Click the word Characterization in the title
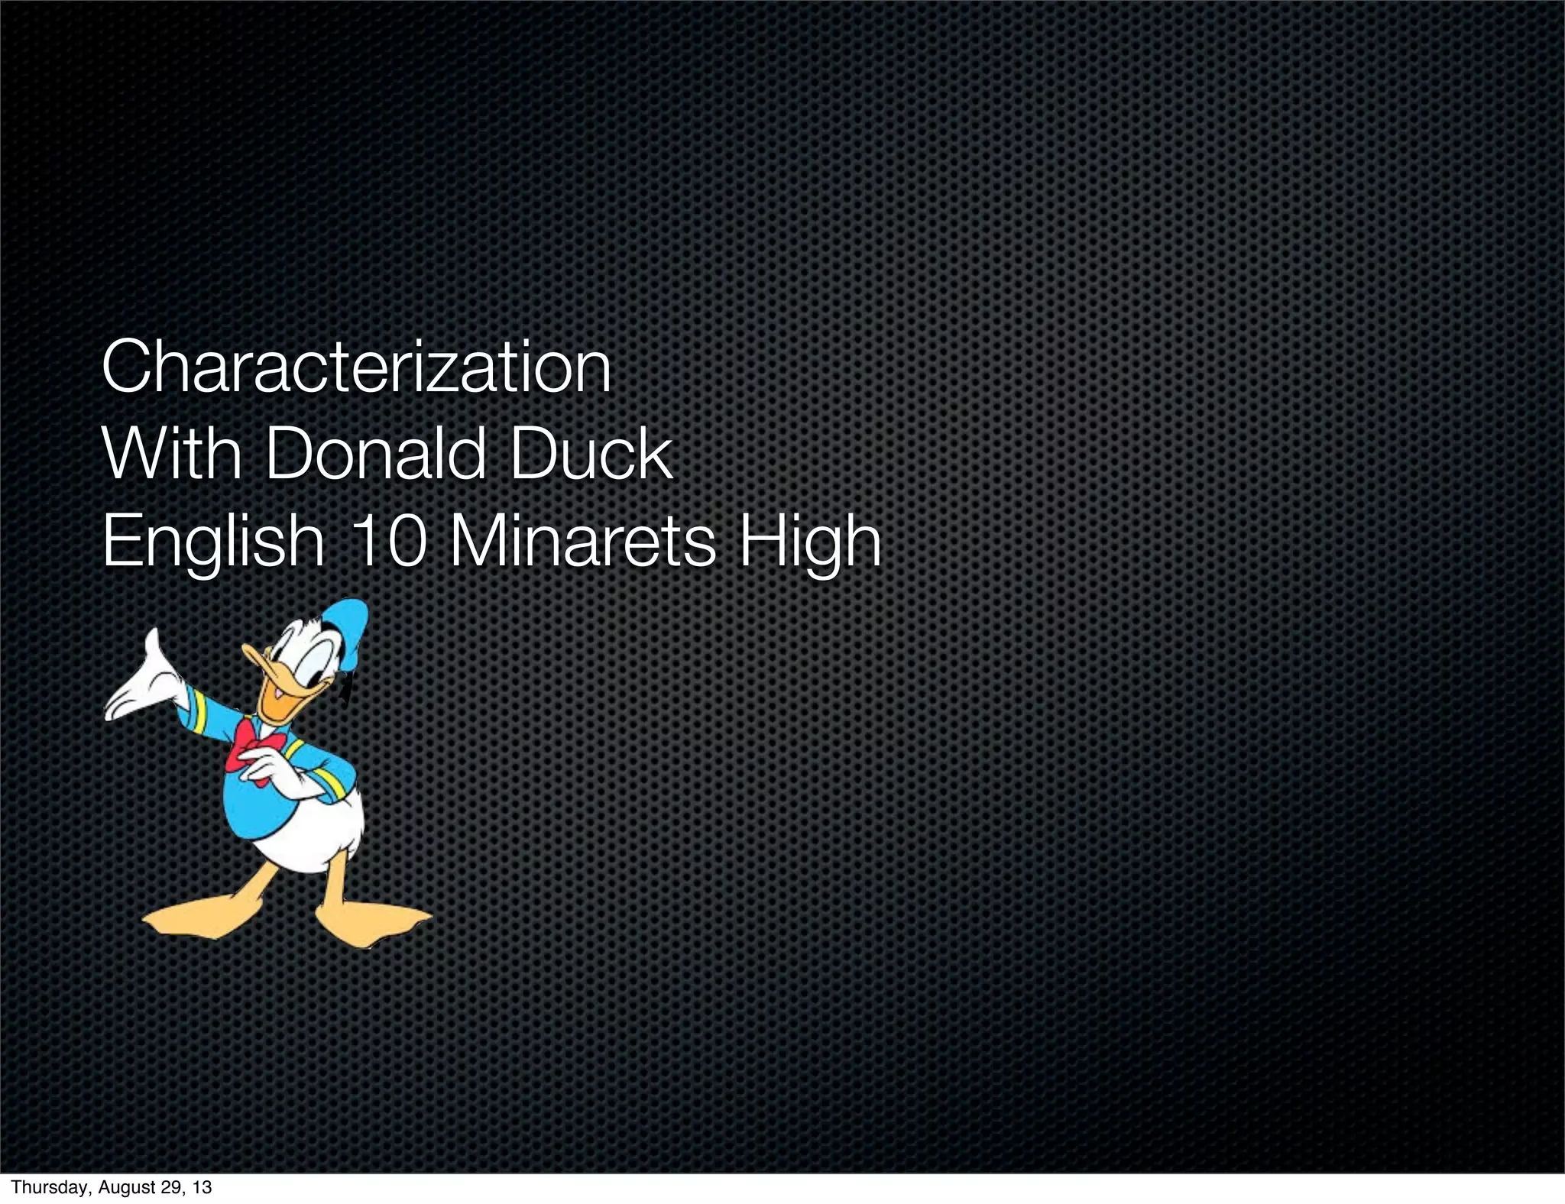(356, 367)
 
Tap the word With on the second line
(171, 455)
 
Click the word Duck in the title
(591, 455)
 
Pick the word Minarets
(580, 541)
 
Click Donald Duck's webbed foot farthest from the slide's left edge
(374, 920)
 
